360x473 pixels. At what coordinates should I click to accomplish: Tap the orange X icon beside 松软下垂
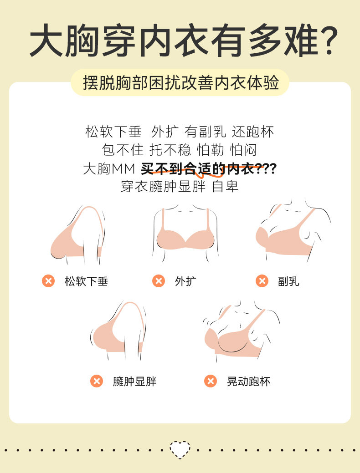click(48, 281)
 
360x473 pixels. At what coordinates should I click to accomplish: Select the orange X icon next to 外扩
click(159, 281)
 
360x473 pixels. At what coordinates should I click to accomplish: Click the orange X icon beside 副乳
click(262, 281)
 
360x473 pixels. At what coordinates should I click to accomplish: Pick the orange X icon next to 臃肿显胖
click(97, 381)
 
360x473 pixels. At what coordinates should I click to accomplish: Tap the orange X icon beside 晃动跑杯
click(211, 381)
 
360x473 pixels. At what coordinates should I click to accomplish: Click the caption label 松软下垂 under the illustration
click(87, 281)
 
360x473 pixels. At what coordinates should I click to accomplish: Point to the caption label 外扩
click(186, 281)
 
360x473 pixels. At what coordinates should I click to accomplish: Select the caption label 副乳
click(289, 281)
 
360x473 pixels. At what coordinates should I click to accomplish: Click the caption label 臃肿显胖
click(135, 381)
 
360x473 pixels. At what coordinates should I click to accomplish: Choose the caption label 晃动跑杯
click(248, 381)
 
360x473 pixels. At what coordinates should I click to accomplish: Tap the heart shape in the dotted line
click(180, 449)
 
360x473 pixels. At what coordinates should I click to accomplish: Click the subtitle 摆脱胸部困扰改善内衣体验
click(180, 83)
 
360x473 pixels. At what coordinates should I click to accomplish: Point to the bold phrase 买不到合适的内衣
click(198, 168)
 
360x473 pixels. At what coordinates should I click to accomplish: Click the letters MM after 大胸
click(123, 169)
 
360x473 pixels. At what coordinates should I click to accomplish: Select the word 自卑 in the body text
click(225, 187)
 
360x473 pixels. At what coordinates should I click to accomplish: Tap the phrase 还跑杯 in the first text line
click(253, 132)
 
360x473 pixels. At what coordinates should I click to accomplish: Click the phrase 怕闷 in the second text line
click(243, 150)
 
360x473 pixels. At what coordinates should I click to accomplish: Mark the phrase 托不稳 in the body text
click(170, 150)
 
